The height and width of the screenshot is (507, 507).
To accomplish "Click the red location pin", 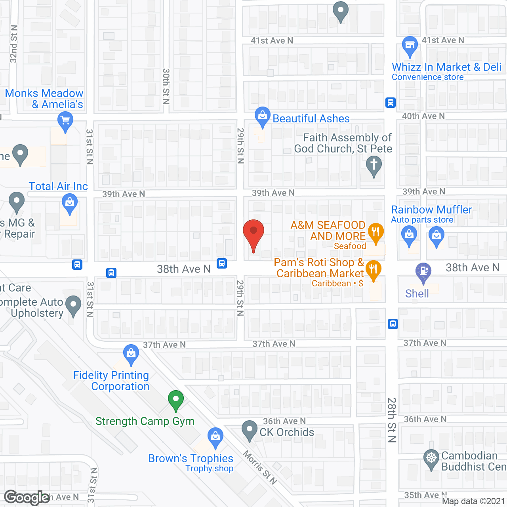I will (253, 234).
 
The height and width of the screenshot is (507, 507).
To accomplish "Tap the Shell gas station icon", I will (423, 272).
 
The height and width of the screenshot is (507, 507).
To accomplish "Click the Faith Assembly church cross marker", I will (374, 165).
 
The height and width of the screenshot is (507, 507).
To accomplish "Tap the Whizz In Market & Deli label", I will (446, 67).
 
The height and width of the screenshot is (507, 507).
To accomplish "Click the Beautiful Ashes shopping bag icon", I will (262, 116).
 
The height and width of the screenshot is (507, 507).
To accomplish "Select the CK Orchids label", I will (287, 432).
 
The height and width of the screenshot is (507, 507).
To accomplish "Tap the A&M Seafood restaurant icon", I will (375, 233).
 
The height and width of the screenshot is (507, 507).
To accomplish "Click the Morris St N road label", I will (260, 467).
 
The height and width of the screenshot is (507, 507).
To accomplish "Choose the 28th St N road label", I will (392, 420).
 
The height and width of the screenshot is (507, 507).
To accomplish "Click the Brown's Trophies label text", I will (191, 458).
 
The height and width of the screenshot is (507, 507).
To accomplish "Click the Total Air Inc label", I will (58, 186).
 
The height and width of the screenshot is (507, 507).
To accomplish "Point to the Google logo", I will (27, 497).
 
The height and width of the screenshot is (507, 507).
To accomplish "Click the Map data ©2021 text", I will (473, 501).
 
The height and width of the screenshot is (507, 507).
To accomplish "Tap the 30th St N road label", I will (166, 86).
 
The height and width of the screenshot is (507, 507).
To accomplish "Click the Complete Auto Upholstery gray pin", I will (73, 305).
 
